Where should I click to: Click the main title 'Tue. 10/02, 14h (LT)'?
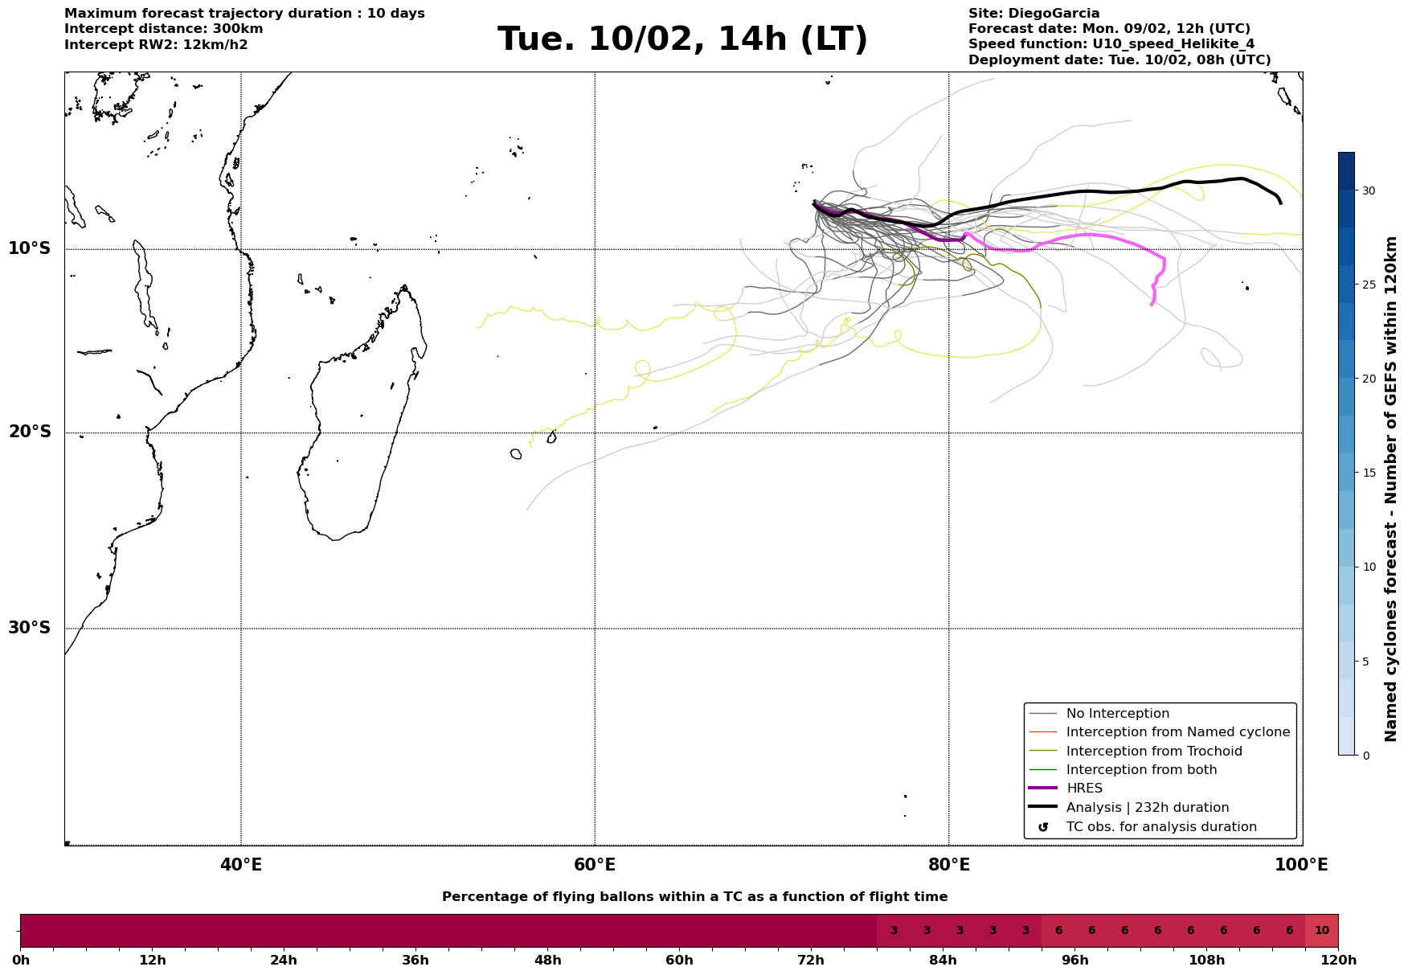pos(682,39)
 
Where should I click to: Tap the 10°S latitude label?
pos(30,248)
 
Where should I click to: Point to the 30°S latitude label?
pos(30,628)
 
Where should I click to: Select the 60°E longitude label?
pos(595,865)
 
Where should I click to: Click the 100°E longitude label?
pos(1301,865)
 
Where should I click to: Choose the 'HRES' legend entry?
pos(1084,789)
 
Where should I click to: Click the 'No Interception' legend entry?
pos(1117,714)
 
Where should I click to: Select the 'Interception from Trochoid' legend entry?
pos(1153,752)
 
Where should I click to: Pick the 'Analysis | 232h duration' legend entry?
pos(1147,808)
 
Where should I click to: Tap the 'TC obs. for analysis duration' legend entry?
pos(1160,827)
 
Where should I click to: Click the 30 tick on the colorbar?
pos(1368,190)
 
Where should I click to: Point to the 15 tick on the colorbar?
pos(1368,473)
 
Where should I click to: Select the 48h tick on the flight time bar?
pos(547,960)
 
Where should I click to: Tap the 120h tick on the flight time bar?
pos(1338,960)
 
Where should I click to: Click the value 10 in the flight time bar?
pos(1321,931)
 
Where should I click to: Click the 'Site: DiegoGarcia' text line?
pos(1033,14)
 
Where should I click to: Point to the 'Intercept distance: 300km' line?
pos(163,29)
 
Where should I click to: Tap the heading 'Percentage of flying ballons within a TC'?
pos(694,897)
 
